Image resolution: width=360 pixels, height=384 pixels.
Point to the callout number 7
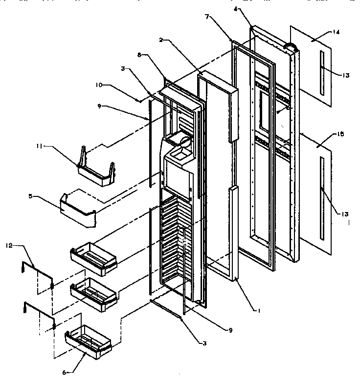(207, 17)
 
